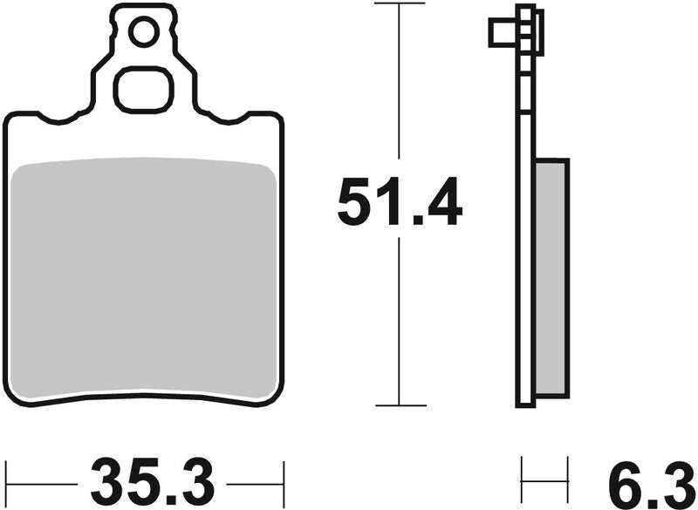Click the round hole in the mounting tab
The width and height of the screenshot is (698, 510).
141,33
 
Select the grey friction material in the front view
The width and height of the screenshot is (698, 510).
144,279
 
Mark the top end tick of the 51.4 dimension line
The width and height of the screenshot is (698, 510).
400,4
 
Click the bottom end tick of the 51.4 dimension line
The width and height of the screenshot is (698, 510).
400,405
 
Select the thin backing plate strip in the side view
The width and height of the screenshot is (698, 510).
524,262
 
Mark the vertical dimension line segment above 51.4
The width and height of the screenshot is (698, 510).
400,87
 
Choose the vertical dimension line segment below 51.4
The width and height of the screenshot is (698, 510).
400,323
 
